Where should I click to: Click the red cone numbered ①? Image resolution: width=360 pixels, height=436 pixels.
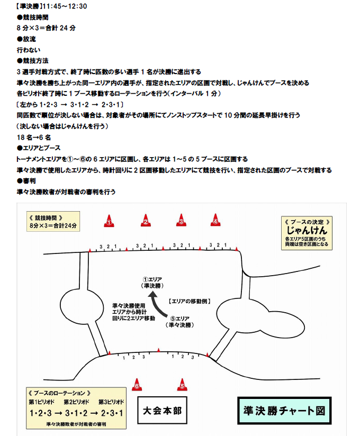pyautogui.click(x=109, y=221)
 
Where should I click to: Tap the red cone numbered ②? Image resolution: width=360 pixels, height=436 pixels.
pyautogui.click(x=145, y=221)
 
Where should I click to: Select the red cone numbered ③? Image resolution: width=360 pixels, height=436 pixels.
pyautogui.click(x=181, y=221)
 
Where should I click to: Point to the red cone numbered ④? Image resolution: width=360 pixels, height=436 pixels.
pyautogui.click(x=215, y=220)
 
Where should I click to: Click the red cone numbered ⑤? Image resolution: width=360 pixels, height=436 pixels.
pyautogui.click(x=182, y=385)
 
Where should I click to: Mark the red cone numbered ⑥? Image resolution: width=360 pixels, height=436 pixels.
pyautogui.click(x=137, y=385)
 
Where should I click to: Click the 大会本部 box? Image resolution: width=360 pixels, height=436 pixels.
pyautogui.click(x=166, y=411)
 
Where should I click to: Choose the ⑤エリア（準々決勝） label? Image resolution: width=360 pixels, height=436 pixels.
pyautogui.click(x=181, y=322)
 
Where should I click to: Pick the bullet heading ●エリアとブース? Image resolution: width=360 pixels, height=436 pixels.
pyautogui.click(x=40, y=148)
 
